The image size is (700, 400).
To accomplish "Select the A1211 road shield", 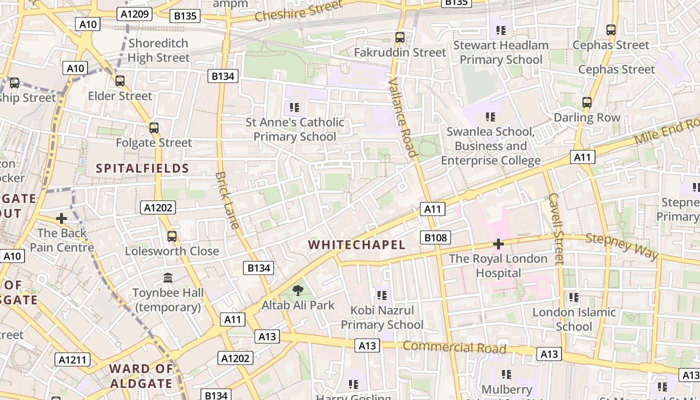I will [x=72, y=359].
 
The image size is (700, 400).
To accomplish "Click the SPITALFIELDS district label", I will [x=142, y=168].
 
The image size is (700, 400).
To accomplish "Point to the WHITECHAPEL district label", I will [x=356, y=244].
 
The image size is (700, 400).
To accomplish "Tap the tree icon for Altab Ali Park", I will [x=298, y=290].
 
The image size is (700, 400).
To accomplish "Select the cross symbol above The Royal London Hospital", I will [x=498, y=244].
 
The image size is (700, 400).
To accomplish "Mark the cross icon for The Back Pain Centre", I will [x=61, y=218].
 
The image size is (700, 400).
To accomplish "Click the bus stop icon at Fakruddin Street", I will [x=399, y=37].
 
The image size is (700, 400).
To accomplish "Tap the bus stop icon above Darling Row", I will [x=587, y=102].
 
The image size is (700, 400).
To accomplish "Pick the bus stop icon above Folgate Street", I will [x=154, y=128].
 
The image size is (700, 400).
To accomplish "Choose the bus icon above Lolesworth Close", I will [x=172, y=236].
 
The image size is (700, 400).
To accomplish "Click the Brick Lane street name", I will [x=227, y=200].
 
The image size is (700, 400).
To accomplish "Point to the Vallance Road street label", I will [x=402, y=117].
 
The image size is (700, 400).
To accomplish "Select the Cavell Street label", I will [x=556, y=228].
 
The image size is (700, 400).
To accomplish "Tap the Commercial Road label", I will [x=454, y=347].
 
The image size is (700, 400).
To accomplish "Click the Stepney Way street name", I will [x=622, y=246].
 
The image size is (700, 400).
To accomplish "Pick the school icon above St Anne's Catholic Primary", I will [x=294, y=107].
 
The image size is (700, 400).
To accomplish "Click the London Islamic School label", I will [x=574, y=319].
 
